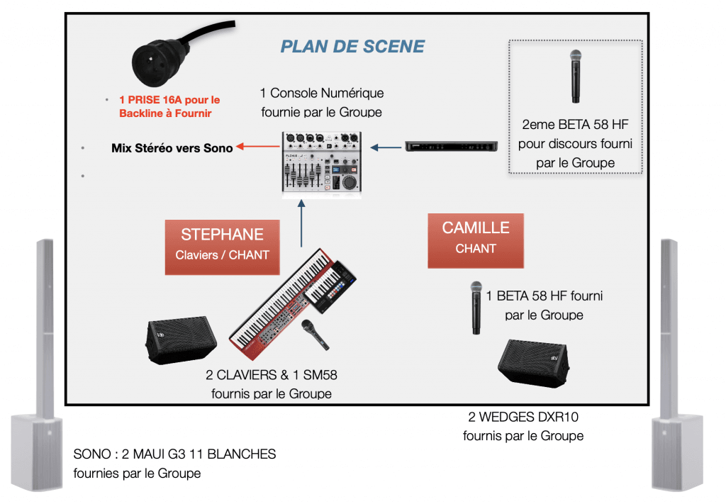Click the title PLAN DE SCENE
tap(352, 47)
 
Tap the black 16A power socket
tap(162, 61)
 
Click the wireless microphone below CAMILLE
tap(476, 307)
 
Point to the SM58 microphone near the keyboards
tap(315, 333)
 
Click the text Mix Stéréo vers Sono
tap(172, 148)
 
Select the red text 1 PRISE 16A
tap(169, 100)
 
